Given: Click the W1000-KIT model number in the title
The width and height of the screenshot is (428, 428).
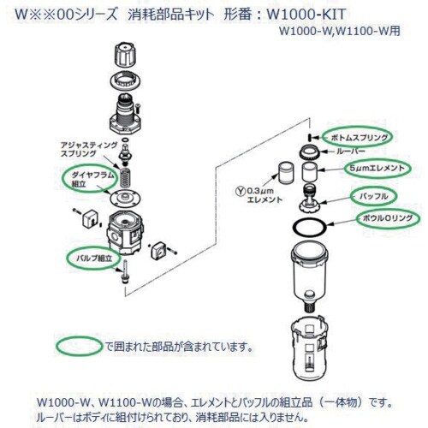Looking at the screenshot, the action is tap(306, 14).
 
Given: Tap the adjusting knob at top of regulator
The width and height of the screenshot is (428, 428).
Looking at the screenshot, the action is tap(124, 55).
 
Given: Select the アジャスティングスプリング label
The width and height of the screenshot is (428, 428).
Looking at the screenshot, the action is tap(89, 149).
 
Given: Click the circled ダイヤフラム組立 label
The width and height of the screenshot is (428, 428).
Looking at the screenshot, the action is tap(91, 179).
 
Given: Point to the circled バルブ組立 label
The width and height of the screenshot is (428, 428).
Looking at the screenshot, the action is tap(94, 259).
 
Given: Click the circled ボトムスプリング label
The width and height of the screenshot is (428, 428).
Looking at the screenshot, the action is tap(358, 138).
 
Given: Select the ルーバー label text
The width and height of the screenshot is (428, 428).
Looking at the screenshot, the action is tap(351, 152).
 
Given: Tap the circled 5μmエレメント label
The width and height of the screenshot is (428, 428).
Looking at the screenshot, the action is tap(377, 168).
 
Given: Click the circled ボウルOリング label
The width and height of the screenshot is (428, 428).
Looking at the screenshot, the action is tap(388, 218).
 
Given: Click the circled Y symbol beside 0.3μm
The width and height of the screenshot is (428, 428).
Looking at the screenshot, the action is tap(241, 191).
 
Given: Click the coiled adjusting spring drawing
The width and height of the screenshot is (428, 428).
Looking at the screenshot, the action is tap(123, 178).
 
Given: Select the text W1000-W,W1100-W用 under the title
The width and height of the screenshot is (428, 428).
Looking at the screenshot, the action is tap(339, 31).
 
